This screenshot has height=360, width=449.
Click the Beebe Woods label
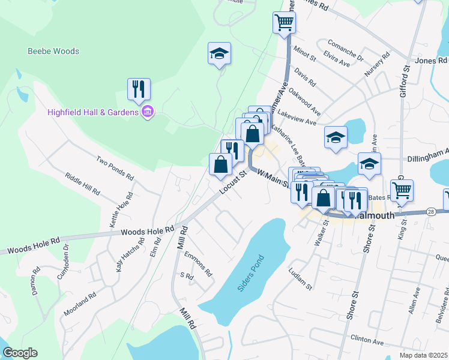point(53,51)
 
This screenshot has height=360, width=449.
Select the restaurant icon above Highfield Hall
point(139,89)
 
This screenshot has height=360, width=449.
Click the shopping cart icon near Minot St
point(284,23)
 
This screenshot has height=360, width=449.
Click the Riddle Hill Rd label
point(83,184)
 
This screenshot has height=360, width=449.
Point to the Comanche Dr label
point(346,50)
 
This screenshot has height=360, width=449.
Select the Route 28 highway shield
point(430,211)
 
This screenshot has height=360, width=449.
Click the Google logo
point(19,352)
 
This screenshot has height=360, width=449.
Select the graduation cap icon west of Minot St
point(219,54)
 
